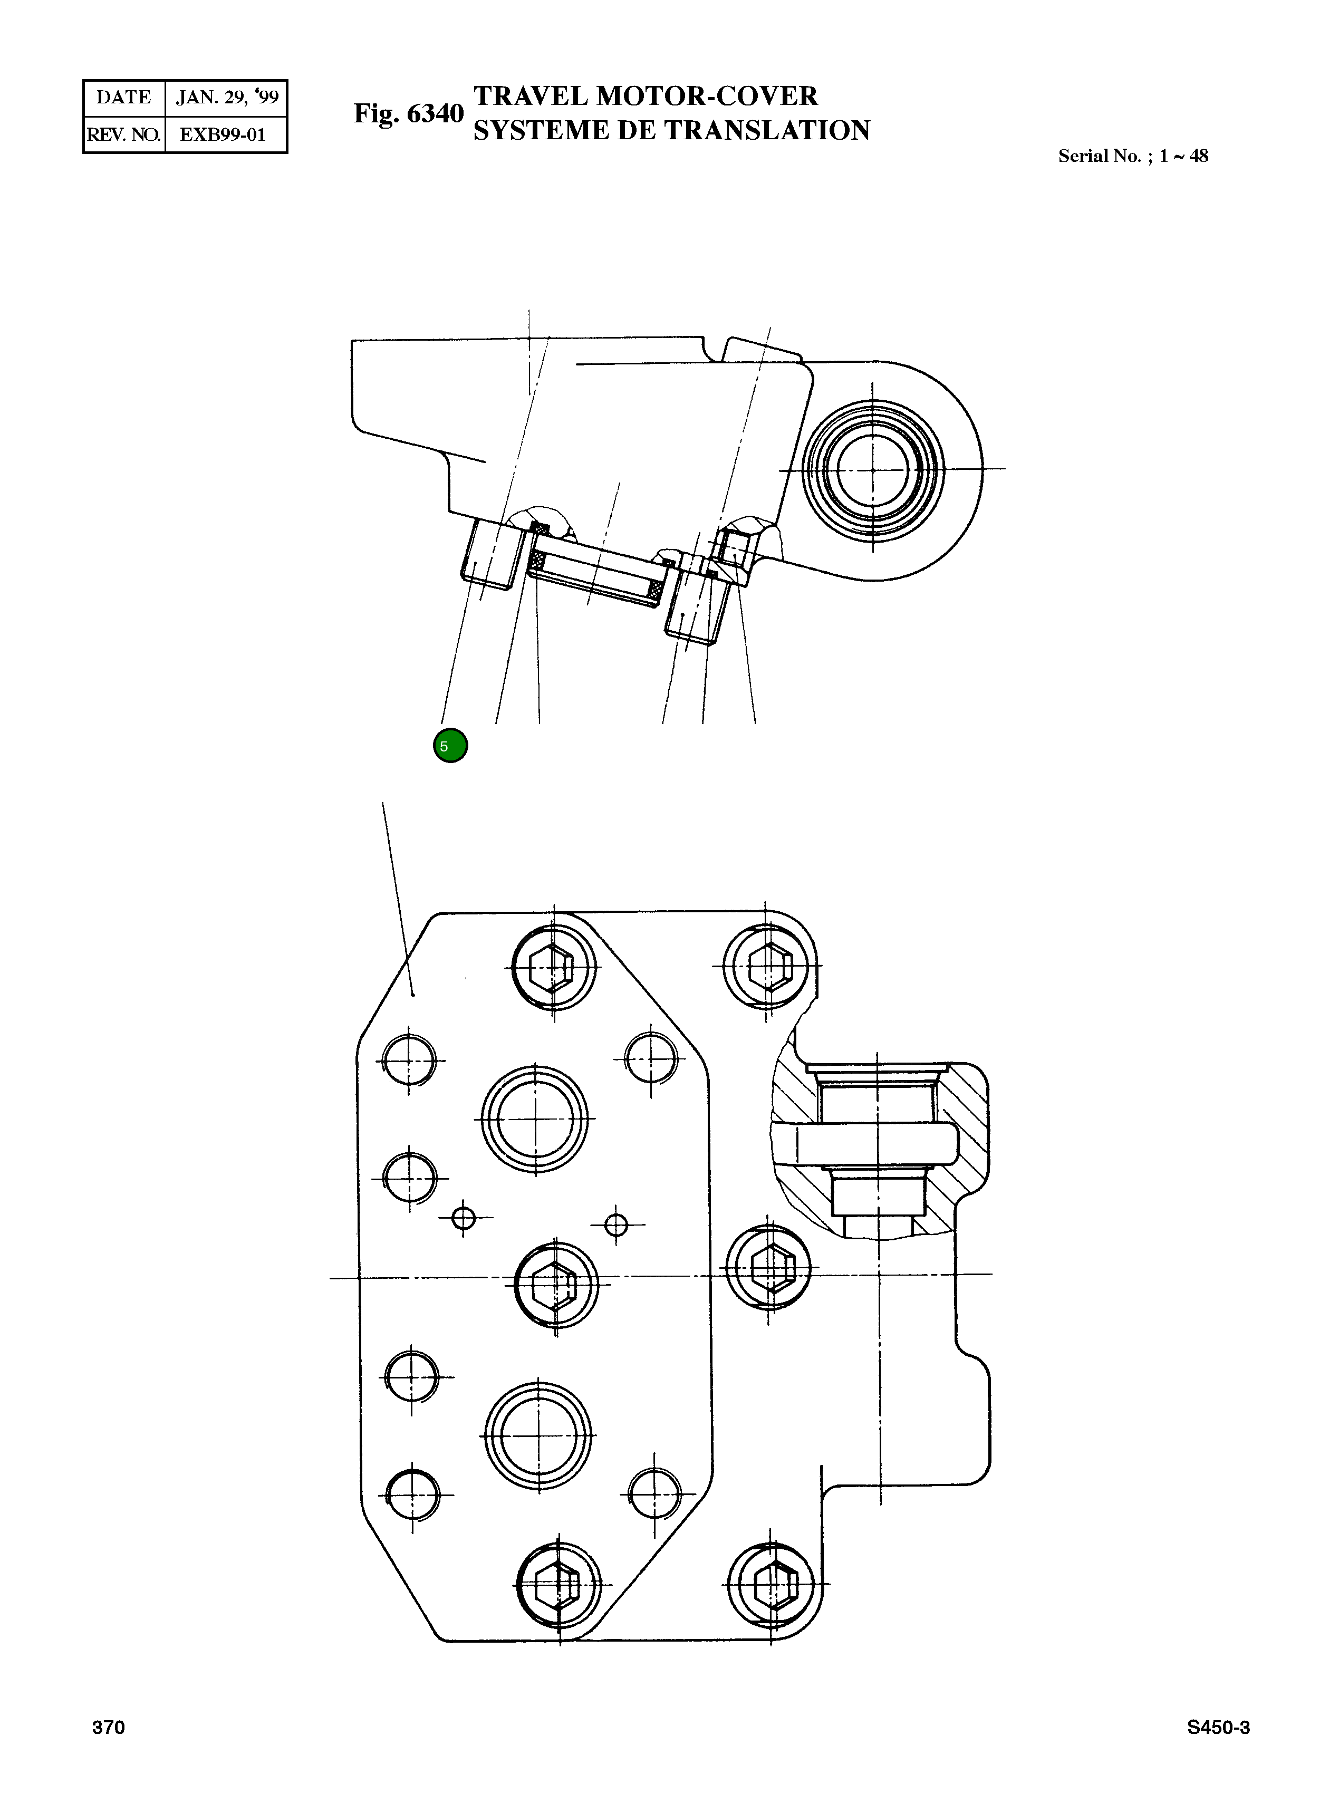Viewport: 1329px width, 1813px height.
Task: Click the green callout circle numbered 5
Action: tap(450, 746)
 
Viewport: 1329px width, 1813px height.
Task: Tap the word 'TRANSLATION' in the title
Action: tap(767, 130)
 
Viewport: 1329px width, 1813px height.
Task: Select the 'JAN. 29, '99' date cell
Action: tap(227, 98)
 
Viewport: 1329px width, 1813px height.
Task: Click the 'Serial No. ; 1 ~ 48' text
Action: tap(1132, 156)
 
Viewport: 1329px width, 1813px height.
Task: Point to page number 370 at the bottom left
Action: tap(109, 1728)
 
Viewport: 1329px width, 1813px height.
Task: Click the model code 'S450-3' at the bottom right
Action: tap(1218, 1728)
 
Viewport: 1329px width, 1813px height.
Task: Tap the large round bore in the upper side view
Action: tap(873, 469)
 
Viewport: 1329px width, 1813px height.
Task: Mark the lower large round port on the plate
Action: tap(539, 1436)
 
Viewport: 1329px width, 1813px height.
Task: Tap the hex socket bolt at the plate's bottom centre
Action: tap(558, 1585)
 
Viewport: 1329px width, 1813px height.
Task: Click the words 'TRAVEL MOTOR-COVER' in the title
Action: tap(645, 96)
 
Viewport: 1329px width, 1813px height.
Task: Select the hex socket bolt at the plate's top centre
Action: tap(553, 968)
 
